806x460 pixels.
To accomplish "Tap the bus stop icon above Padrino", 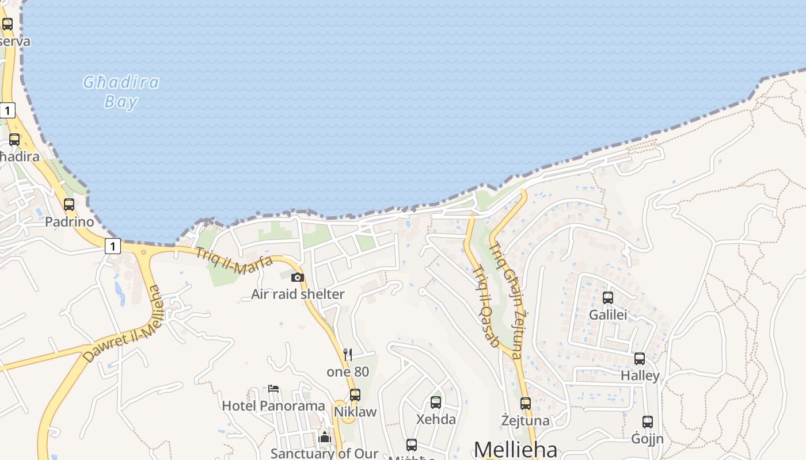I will [69, 205].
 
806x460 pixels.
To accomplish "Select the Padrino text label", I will [69, 222].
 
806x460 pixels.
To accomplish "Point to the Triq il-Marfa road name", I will [234, 260].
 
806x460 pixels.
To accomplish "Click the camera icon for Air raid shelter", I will [297, 278].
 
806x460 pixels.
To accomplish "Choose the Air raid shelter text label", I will [298, 294].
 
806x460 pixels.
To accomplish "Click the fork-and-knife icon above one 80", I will [348, 354].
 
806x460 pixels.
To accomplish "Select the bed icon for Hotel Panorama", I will [273, 389].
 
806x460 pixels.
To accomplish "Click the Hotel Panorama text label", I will [273, 406].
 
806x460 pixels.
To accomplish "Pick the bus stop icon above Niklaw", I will [355, 395].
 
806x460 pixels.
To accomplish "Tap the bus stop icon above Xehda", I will [436, 402].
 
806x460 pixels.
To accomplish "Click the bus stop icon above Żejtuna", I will [525, 404].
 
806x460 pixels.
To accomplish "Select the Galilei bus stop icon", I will [608, 298].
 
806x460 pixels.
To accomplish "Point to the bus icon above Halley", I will [640, 359].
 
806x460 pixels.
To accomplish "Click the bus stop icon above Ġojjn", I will [648, 422].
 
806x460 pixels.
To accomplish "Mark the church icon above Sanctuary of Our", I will [325, 438].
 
